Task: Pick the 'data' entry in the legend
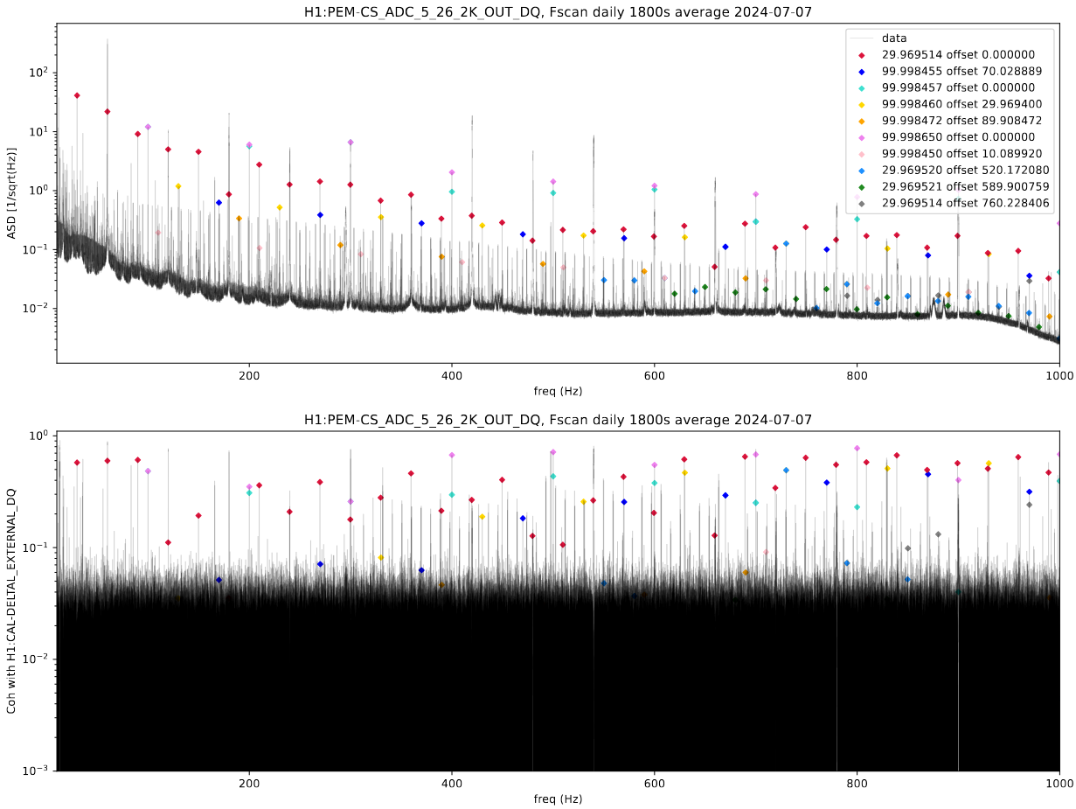tap(893, 38)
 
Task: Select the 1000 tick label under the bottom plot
tap(1059, 785)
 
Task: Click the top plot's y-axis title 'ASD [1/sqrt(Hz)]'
tap(12, 193)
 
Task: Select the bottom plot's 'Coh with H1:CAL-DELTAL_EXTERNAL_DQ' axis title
tap(12, 601)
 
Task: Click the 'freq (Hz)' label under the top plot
tap(558, 391)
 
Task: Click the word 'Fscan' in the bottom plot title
tap(564, 420)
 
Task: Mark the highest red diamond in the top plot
tap(77, 95)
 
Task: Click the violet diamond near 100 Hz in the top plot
tap(148, 127)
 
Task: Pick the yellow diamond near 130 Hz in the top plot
tap(178, 186)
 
